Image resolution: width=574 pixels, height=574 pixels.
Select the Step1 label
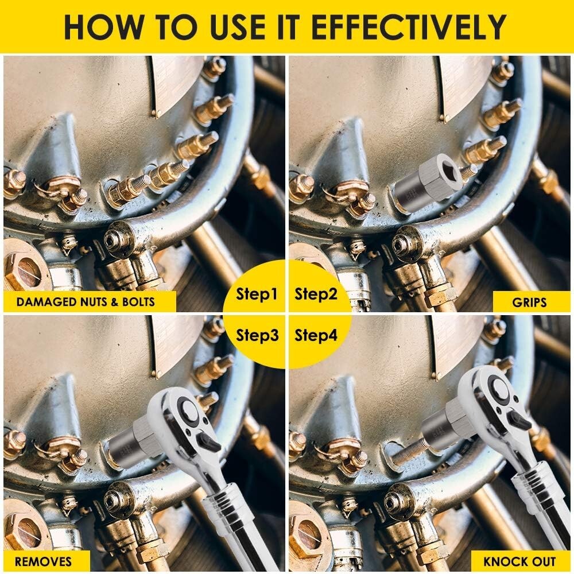pos(257,295)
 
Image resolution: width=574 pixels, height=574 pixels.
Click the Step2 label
pos(316,295)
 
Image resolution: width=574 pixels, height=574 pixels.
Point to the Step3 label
pos(257,335)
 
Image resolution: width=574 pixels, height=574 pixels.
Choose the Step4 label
pos(316,335)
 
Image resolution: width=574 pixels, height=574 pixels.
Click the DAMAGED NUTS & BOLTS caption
pos(86,301)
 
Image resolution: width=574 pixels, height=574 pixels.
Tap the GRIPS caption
pos(531,301)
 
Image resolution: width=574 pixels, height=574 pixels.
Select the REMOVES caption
pos(44,561)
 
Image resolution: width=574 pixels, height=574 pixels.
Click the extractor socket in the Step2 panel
pos(428,179)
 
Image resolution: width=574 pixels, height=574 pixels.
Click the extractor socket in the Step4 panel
pos(445,425)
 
